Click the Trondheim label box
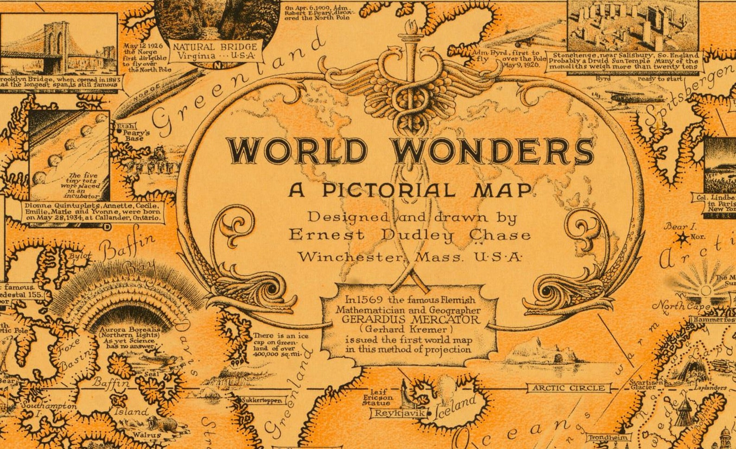coord(609,437)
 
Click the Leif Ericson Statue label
coord(378,398)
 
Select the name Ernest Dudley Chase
coord(409,235)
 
